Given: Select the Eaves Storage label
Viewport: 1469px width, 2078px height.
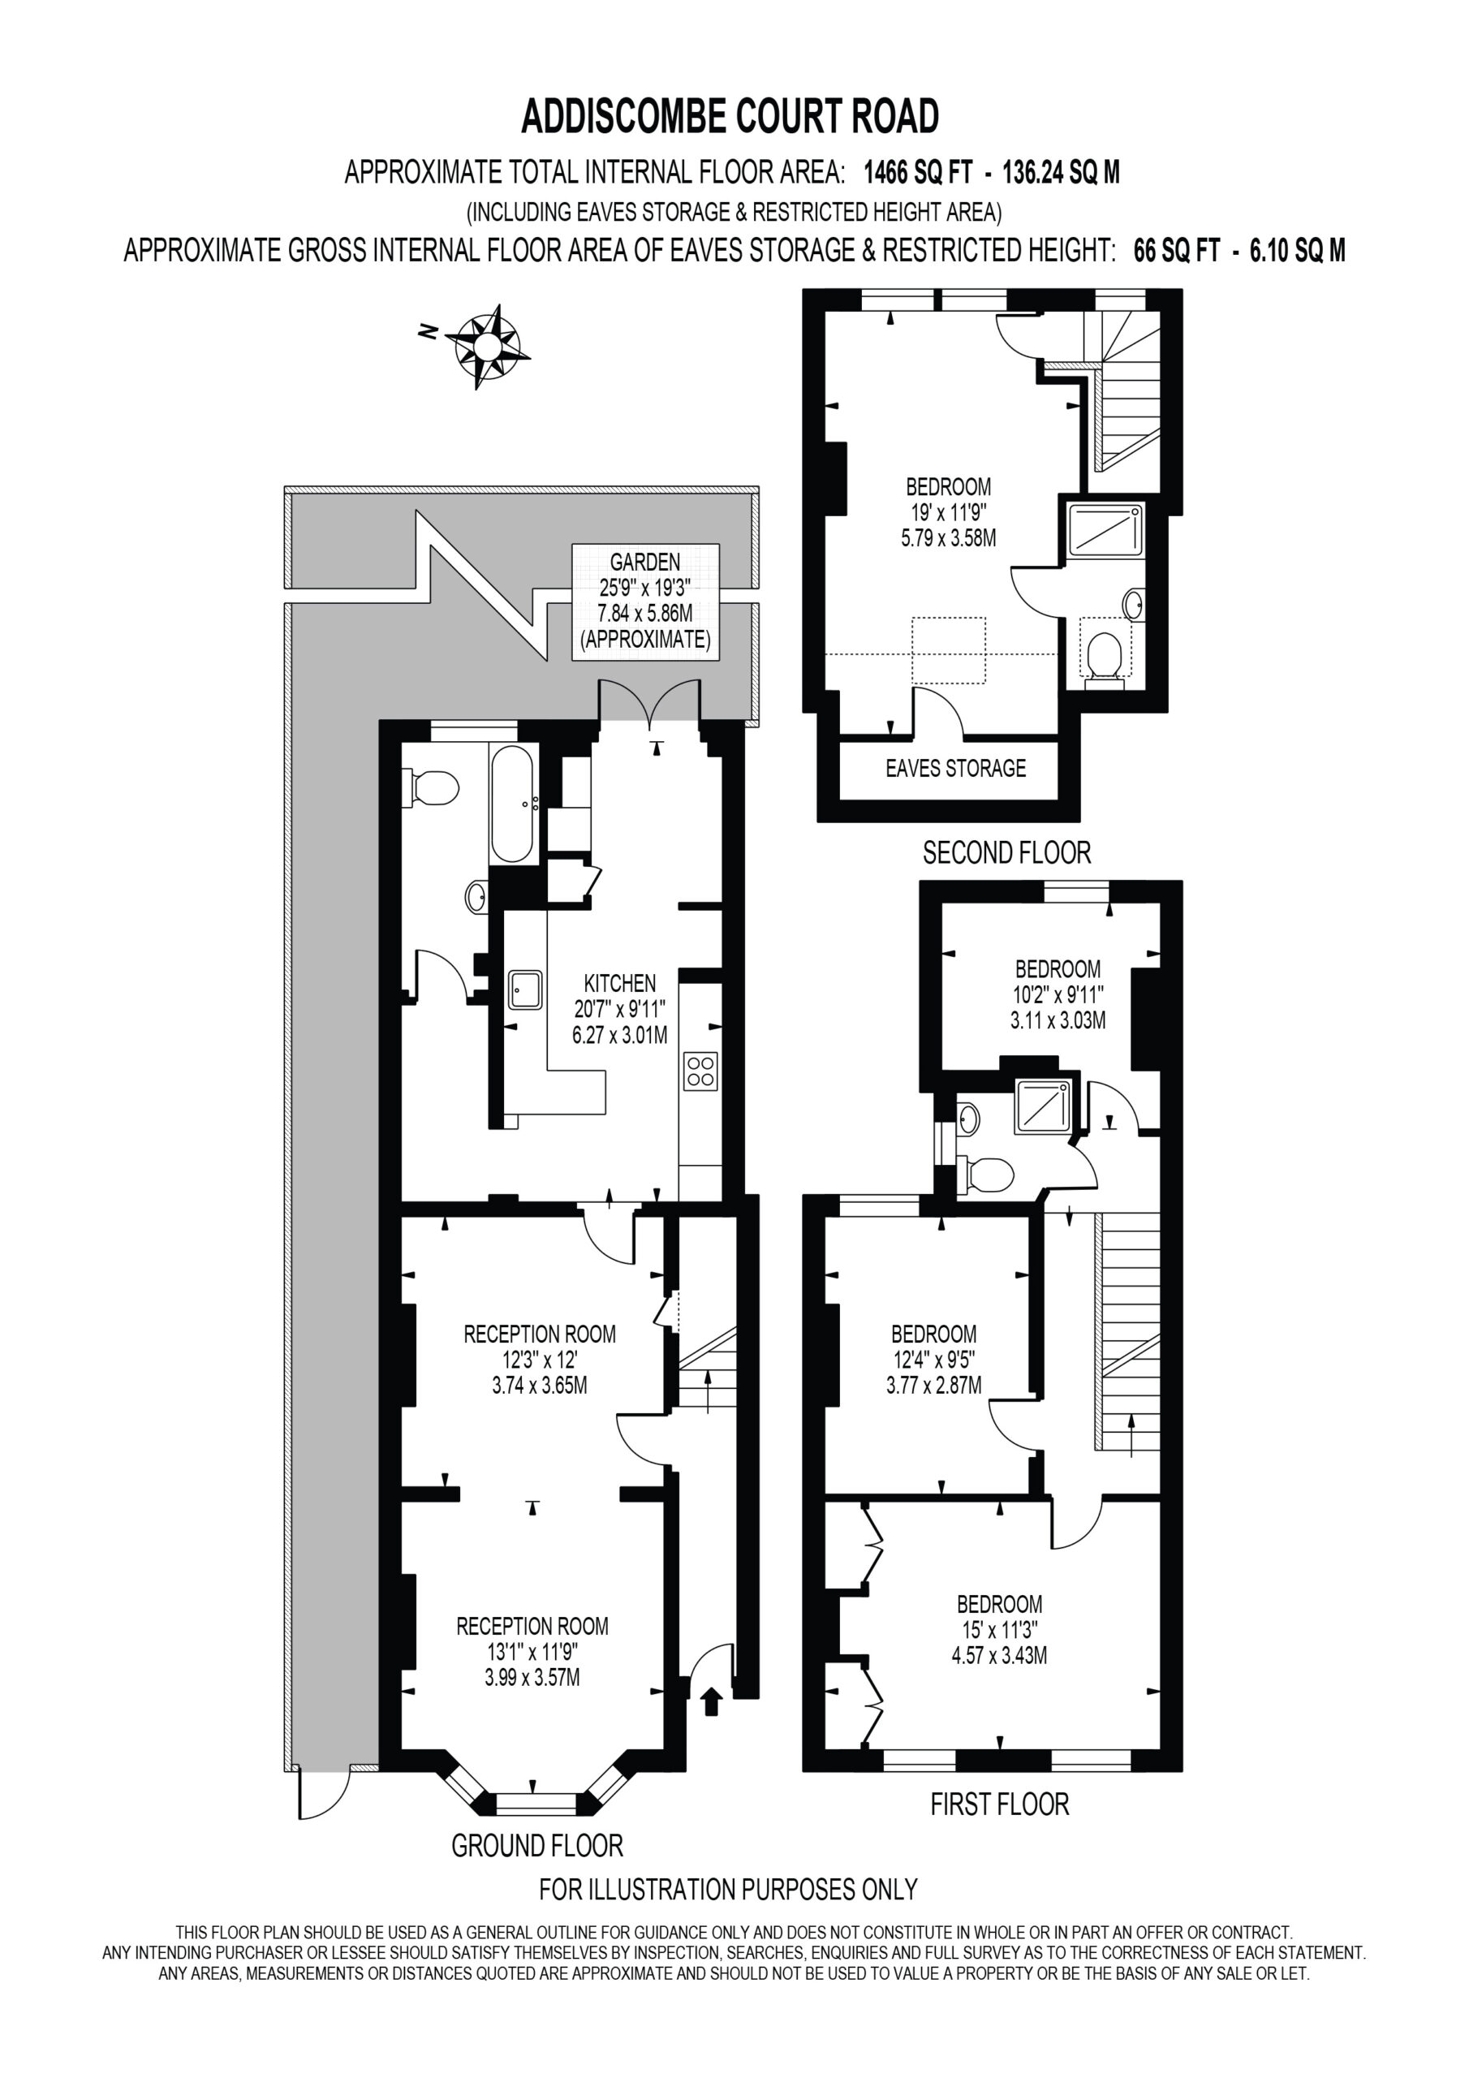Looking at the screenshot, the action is (x=955, y=769).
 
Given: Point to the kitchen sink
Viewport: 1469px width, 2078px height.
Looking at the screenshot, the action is (x=525, y=989).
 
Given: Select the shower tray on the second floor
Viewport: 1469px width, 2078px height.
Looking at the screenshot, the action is (x=1105, y=530).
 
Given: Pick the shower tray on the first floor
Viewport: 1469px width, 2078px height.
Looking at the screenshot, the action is (x=1044, y=1105).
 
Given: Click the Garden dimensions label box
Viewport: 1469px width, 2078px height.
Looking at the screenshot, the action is (x=645, y=601).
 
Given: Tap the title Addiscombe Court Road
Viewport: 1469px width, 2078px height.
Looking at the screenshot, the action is (x=730, y=117).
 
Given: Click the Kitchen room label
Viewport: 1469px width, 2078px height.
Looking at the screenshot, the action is (x=620, y=983).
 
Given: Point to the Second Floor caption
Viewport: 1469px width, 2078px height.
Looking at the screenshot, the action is (x=1006, y=852).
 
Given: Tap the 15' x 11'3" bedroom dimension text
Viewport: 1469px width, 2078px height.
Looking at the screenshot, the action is (x=998, y=1630).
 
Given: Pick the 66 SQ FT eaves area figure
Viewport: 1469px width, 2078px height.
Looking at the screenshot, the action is (x=1177, y=251).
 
